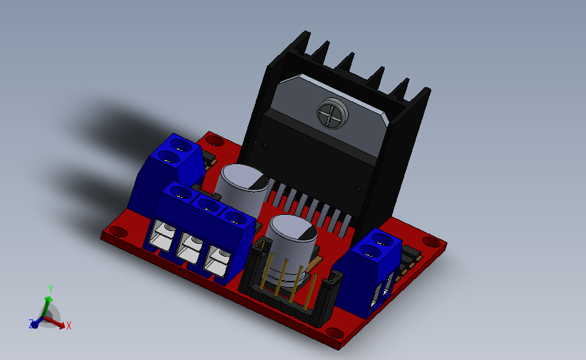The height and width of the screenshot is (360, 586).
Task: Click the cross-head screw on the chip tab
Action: point(333,113)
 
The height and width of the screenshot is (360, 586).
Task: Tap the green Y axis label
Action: point(51,288)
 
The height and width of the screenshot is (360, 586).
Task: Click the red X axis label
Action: point(69,326)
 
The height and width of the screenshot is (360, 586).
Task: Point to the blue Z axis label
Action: point(31,324)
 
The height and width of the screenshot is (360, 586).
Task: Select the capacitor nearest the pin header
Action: point(291,249)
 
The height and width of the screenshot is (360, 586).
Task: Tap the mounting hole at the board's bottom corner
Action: point(335,332)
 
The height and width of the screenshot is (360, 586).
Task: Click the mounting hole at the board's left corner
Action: point(118,232)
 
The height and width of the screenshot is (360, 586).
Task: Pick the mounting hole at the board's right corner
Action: point(431,242)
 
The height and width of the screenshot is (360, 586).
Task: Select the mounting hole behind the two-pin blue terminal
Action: point(214,140)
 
